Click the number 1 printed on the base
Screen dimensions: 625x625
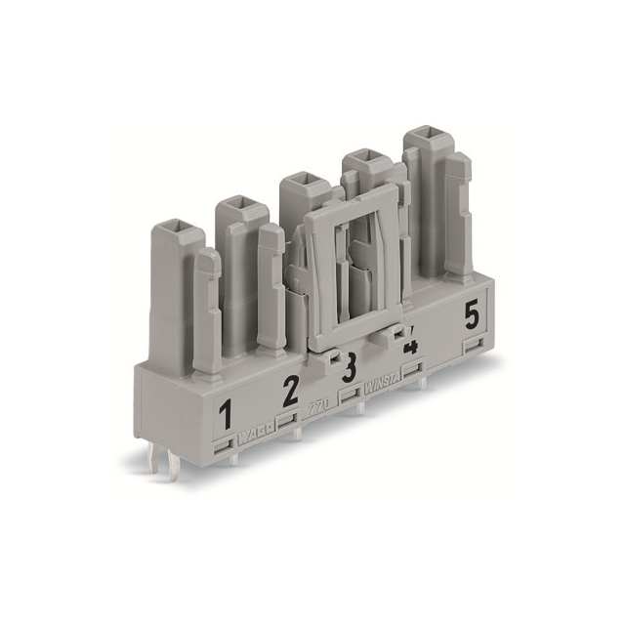pos(226,417)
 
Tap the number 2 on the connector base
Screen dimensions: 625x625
pos(290,392)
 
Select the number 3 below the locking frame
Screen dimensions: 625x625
pos(348,370)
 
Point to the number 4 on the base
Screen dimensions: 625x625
pos(410,345)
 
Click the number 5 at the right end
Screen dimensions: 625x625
pos(472,315)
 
